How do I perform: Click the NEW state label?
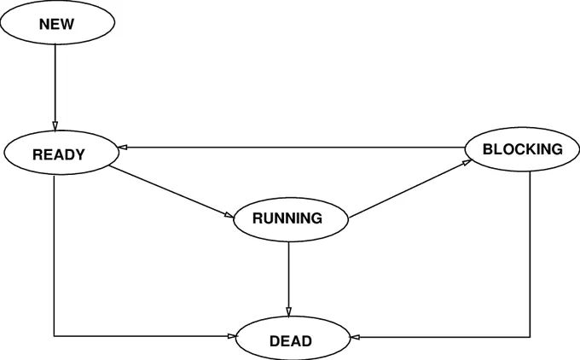click(x=56, y=24)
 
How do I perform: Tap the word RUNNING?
click(x=287, y=218)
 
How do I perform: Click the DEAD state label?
click(x=291, y=341)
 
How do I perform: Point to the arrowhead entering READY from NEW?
click(x=55, y=126)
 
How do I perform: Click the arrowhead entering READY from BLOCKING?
click(x=123, y=148)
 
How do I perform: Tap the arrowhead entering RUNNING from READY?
click(x=229, y=215)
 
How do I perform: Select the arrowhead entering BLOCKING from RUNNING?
click(x=467, y=162)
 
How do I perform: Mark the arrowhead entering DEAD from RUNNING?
click(x=288, y=311)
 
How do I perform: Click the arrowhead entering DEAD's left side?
click(x=232, y=336)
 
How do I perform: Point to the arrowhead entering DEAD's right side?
click(x=355, y=337)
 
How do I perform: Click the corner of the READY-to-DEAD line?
click(x=54, y=336)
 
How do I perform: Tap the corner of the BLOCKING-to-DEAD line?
click(x=530, y=337)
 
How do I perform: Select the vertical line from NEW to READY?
click(x=55, y=88)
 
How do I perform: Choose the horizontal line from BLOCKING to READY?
click(x=292, y=148)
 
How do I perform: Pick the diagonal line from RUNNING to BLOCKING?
click(x=410, y=189)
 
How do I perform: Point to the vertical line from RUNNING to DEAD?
click(x=288, y=279)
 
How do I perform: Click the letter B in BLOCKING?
click(x=488, y=149)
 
